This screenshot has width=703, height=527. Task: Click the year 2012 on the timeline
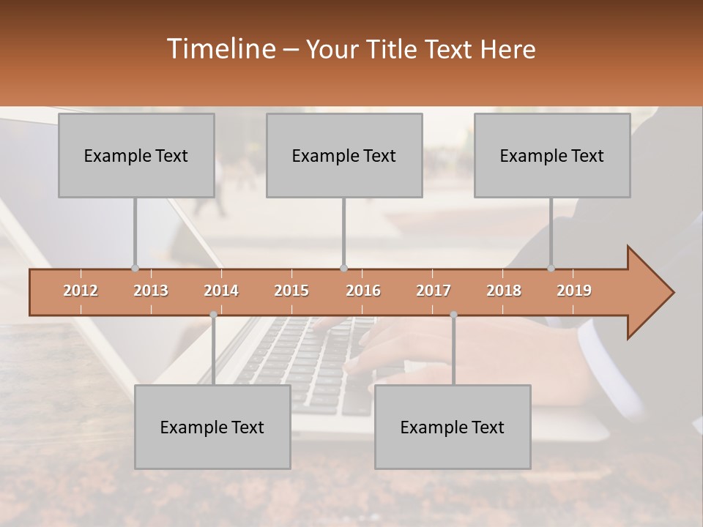tap(81, 291)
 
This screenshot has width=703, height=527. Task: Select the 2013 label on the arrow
tap(151, 291)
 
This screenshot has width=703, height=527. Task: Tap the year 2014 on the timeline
tap(221, 291)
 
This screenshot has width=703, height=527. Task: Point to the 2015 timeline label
tap(291, 291)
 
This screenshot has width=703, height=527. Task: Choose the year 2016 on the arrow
tap(363, 291)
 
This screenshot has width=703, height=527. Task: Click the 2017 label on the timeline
tap(434, 291)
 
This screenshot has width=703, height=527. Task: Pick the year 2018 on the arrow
tap(504, 291)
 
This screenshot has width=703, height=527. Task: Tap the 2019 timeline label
tap(574, 291)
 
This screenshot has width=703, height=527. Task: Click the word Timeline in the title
tap(220, 49)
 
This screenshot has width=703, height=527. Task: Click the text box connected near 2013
tap(136, 155)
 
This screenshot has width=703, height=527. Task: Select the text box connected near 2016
tap(344, 155)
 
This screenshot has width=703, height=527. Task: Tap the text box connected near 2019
tap(552, 155)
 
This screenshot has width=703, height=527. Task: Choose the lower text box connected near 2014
tap(212, 427)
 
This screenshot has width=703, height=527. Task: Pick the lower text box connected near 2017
tap(453, 427)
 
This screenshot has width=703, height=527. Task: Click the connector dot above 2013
tap(135, 268)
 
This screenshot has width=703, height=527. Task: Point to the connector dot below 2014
tap(213, 315)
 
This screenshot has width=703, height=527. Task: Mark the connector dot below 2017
tap(453, 315)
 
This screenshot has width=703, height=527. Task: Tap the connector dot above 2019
tap(551, 268)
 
